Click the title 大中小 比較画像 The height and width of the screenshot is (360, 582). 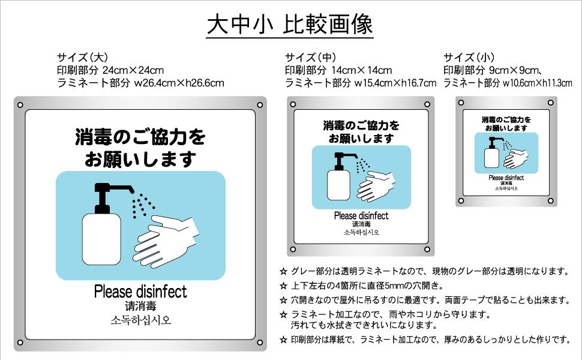pos(290,24)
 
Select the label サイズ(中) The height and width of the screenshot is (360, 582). pos(310,58)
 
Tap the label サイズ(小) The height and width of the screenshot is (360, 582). pos(469,58)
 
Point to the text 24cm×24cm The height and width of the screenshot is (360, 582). pos(133,70)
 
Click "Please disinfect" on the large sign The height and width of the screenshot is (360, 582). pos(140,292)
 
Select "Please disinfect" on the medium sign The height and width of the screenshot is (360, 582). pos(361,216)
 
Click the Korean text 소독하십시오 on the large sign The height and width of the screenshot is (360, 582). pos(141,320)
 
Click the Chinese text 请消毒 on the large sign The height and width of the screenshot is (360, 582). pos(141,306)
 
